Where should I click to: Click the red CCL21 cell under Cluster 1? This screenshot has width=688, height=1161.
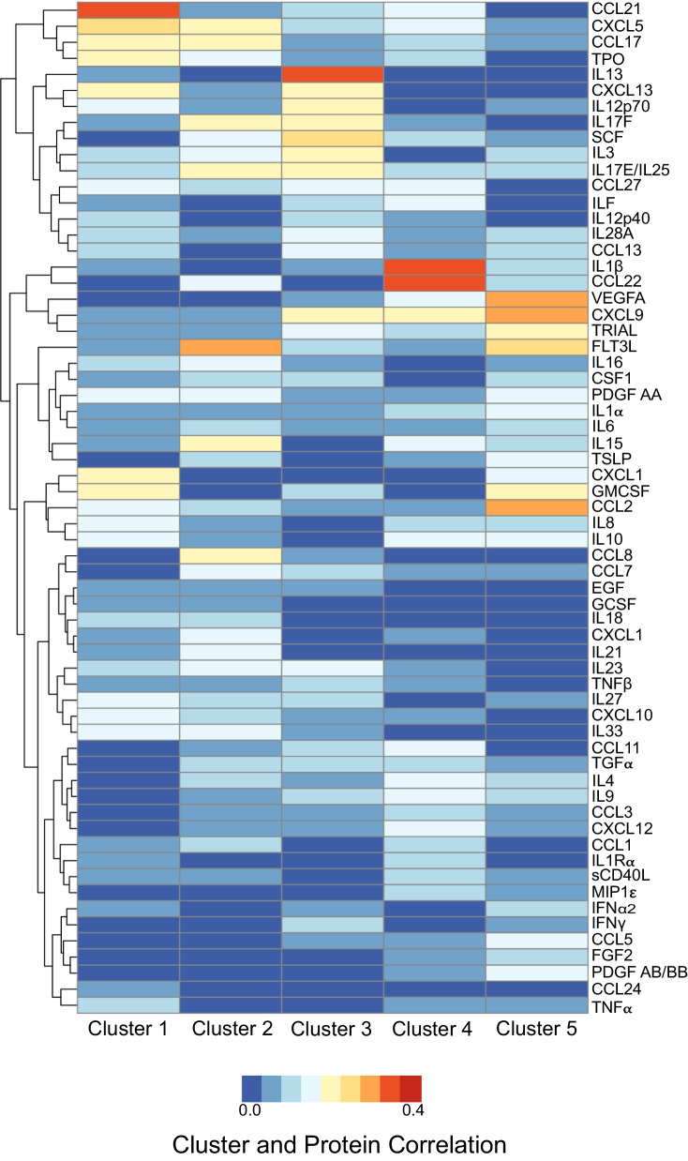[127, 9]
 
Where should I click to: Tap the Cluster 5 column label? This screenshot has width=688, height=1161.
[536, 1030]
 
